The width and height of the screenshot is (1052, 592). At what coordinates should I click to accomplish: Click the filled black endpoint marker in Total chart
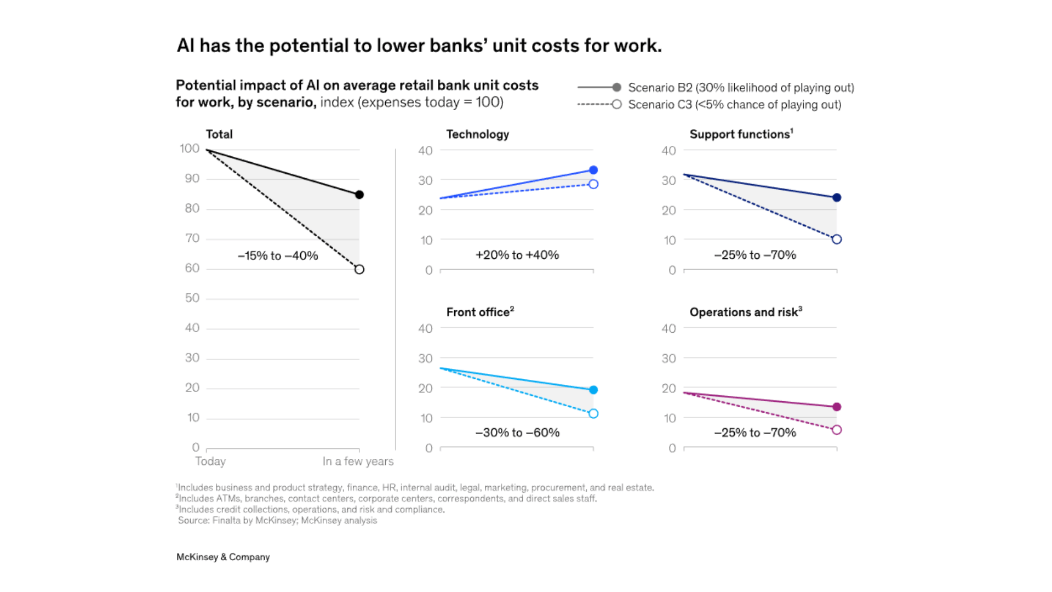[x=359, y=195]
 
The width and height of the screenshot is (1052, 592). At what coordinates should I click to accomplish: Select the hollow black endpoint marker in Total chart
[x=359, y=269]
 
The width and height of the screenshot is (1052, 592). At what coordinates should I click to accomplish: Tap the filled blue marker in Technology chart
[x=593, y=170]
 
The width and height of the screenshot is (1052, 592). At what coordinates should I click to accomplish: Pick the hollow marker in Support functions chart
[x=837, y=239]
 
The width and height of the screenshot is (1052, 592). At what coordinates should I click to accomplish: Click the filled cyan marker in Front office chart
[x=593, y=390]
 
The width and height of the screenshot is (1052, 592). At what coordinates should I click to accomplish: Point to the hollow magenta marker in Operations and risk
[x=837, y=430]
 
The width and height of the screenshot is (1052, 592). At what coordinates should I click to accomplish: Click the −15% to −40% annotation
[x=278, y=255]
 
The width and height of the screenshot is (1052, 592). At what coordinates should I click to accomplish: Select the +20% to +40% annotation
[x=517, y=255]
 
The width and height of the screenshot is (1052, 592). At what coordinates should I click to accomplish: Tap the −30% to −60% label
[x=517, y=432]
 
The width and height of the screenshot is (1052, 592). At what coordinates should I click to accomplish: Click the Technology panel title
[x=477, y=134]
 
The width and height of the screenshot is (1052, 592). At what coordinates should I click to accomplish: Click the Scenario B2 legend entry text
[x=741, y=88]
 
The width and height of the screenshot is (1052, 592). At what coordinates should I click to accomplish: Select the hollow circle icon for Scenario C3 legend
[x=617, y=104]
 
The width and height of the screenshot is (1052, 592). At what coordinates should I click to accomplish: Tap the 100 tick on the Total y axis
[x=190, y=149]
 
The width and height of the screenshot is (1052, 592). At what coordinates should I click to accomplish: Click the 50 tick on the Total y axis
[x=192, y=298]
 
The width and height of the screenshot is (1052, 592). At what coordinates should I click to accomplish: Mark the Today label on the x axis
[x=210, y=461]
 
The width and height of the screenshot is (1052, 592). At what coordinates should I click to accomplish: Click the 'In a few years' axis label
[x=358, y=461]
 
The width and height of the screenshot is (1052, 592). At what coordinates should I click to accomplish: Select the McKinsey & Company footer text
[x=223, y=557]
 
